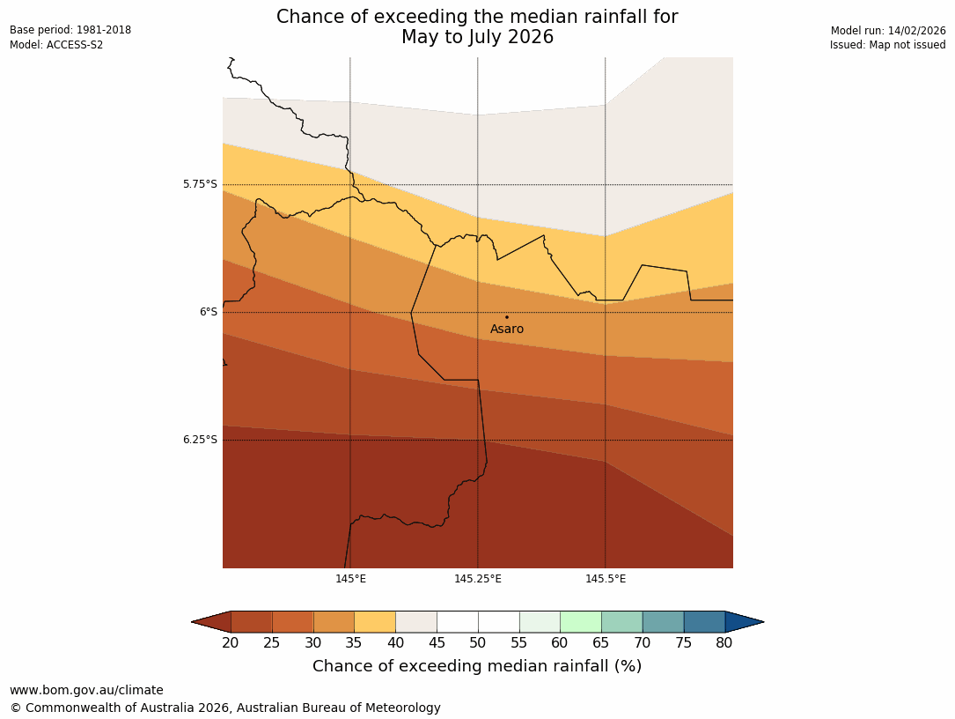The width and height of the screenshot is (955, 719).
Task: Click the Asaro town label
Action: [506, 330]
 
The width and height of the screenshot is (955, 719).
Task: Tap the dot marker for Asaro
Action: [506, 317]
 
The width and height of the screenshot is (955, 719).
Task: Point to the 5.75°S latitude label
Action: [200, 184]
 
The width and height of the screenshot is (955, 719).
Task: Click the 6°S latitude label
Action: [208, 312]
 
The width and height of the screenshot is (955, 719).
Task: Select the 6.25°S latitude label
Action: [200, 440]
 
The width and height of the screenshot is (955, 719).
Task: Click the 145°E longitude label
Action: [350, 579]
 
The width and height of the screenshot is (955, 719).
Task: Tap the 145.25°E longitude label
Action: [478, 579]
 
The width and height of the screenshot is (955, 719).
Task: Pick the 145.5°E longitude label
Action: [606, 579]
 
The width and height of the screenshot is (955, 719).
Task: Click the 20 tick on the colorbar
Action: [231, 643]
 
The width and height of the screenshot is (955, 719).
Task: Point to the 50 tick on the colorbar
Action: [478, 643]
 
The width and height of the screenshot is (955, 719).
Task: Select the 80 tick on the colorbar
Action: [724, 643]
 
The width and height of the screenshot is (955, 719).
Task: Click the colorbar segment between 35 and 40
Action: [375, 622]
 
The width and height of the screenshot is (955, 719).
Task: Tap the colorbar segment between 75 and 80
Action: [704, 622]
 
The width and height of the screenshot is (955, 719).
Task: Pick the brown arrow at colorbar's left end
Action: [211, 622]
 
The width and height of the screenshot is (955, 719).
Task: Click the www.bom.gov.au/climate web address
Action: [86, 690]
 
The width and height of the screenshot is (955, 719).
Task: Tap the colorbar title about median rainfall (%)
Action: [477, 666]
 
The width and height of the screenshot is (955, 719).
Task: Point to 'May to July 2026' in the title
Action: [477, 38]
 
